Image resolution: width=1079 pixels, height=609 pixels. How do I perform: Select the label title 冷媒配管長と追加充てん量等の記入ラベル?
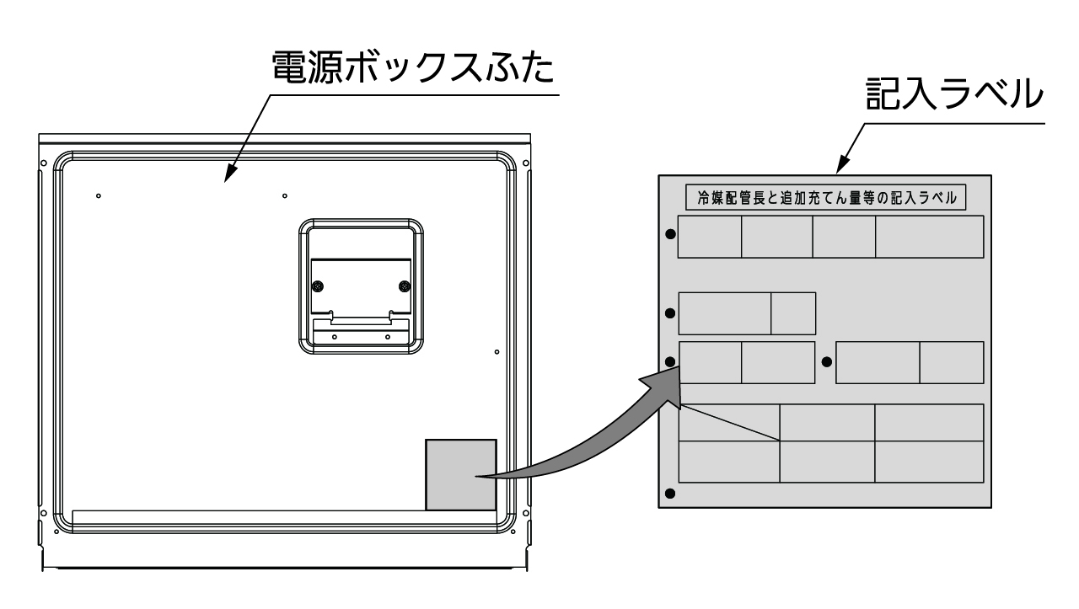825,199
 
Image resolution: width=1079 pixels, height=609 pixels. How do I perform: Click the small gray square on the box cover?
460,474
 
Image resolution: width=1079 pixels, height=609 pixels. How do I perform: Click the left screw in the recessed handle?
318,286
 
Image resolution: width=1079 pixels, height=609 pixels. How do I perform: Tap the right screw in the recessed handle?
404,286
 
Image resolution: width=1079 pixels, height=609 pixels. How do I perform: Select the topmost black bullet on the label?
670,233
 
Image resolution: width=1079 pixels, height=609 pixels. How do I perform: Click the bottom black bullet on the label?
670,494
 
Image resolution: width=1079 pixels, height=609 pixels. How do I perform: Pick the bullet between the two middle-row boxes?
826,362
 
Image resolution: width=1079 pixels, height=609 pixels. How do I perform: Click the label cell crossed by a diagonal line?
728,422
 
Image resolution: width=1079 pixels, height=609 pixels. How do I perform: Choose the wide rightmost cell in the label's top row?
929,237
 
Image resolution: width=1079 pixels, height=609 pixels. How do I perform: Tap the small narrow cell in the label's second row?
793,313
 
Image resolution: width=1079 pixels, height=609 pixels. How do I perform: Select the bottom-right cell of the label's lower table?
929,462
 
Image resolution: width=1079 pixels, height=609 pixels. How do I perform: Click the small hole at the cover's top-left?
99,196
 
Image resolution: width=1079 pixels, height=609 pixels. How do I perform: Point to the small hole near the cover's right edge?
497,351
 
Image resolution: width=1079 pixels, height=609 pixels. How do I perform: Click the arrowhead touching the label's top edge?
843,167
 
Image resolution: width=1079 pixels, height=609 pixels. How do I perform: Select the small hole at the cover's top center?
284,196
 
